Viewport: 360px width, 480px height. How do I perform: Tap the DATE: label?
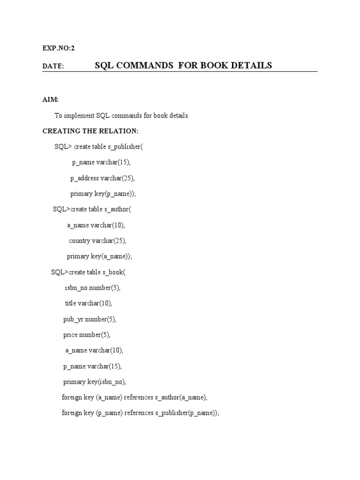coord(53,67)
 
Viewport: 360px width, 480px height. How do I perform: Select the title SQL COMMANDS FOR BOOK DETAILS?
coord(183,66)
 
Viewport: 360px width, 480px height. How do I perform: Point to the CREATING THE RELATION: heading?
coord(90,131)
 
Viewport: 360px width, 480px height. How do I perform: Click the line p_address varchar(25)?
coord(105,178)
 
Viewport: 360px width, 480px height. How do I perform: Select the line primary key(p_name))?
coord(105,194)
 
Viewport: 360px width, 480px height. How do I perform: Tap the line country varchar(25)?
coord(97,241)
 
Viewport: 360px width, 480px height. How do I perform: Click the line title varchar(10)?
coord(89,303)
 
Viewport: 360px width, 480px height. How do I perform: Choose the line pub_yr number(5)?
coord(89,319)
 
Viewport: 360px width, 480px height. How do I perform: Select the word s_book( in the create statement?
coord(114,272)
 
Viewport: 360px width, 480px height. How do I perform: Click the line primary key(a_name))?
coord(99,256)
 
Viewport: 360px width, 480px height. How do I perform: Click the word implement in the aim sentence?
coord(79,116)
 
